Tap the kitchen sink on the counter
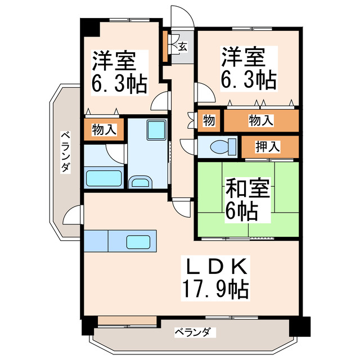tap(138, 242)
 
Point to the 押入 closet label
tap(269, 147)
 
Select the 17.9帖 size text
tap(214, 289)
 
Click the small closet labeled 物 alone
tap(209, 120)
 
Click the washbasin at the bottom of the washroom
tap(139, 182)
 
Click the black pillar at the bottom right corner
tap(301, 326)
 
